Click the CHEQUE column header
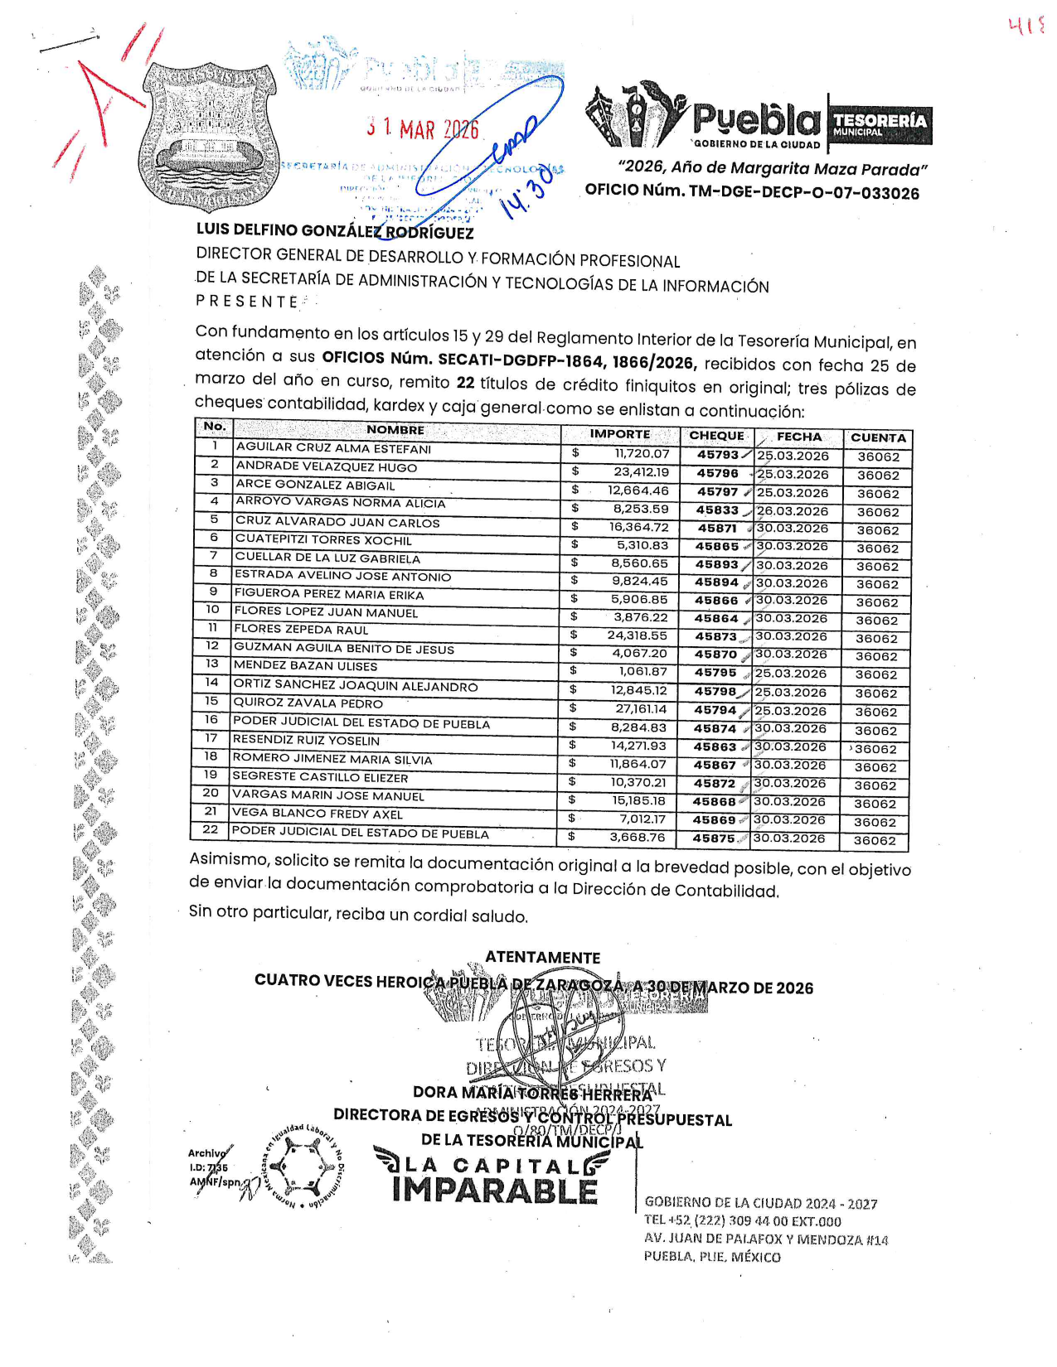click(716, 436)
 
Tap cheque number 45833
click(717, 510)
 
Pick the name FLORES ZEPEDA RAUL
click(301, 630)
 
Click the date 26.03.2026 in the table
click(793, 511)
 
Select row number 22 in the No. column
click(211, 829)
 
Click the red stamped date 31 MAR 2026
click(423, 128)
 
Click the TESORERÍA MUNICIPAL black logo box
click(879, 124)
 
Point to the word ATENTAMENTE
click(542, 958)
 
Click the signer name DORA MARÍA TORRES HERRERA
click(532, 1093)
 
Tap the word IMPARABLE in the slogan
click(494, 1191)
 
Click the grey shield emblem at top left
click(207, 137)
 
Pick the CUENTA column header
click(878, 437)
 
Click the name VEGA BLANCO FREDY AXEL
click(317, 814)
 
